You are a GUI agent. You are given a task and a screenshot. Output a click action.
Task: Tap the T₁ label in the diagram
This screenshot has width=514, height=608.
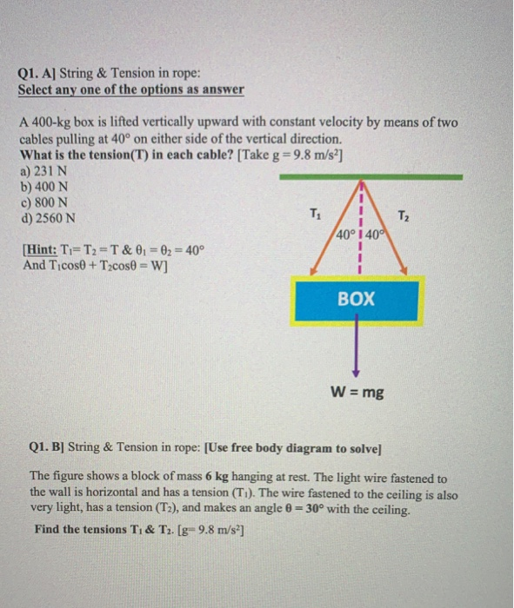point(316,215)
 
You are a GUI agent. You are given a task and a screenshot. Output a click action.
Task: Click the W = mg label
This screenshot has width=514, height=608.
point(359,393)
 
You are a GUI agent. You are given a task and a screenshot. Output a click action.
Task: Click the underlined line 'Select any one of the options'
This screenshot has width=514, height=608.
point(130,89)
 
